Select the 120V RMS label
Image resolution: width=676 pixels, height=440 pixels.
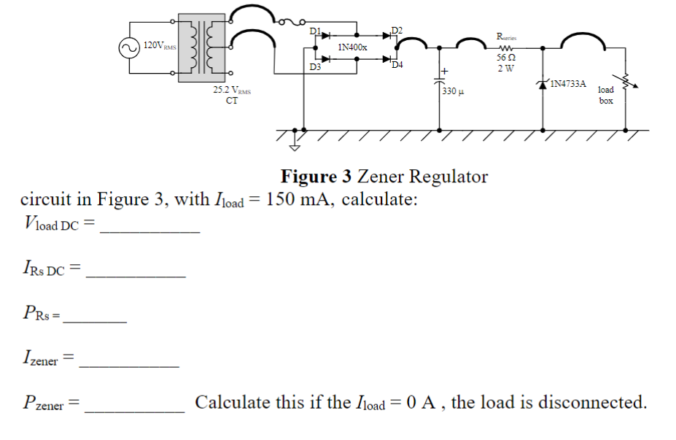[159, 46]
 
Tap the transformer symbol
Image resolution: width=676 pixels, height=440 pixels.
[201, 45]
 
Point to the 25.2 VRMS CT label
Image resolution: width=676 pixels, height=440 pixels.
[231, 96]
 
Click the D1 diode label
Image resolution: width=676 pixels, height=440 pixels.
[314, 30]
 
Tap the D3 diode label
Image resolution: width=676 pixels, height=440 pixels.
[314, 68]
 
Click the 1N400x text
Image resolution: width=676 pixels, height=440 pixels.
[353, 47]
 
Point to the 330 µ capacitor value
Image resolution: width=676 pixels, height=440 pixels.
[450, 93]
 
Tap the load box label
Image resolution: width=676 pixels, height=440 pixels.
[606, 95]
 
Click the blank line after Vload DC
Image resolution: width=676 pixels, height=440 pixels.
[149, 230]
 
